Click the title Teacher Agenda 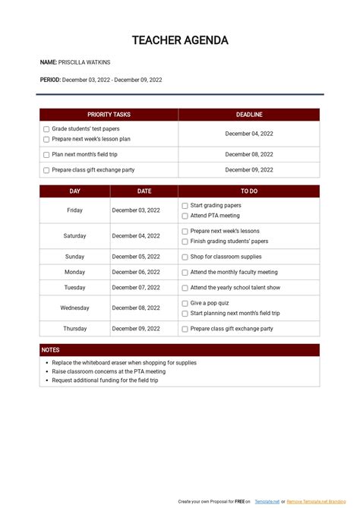point(180,40)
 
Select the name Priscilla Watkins point(84,62)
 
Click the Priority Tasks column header point(109,115)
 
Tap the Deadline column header point(249,115)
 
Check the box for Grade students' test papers point(46,129)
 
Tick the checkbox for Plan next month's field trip point(46,154)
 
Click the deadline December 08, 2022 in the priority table point(249,154)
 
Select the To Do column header point(249,191)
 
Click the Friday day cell point(74,210)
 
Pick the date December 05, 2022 point(136,257)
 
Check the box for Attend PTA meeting point(185,216)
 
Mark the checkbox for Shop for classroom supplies point(185,257)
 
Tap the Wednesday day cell point(74,308)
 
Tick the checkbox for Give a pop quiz point(185,303)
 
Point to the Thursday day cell point(74,329)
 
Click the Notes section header point(50,350)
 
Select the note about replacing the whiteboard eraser point(124,363)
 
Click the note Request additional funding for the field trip point(105,380)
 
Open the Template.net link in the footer point(267,502)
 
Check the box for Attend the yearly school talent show point(185,288)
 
